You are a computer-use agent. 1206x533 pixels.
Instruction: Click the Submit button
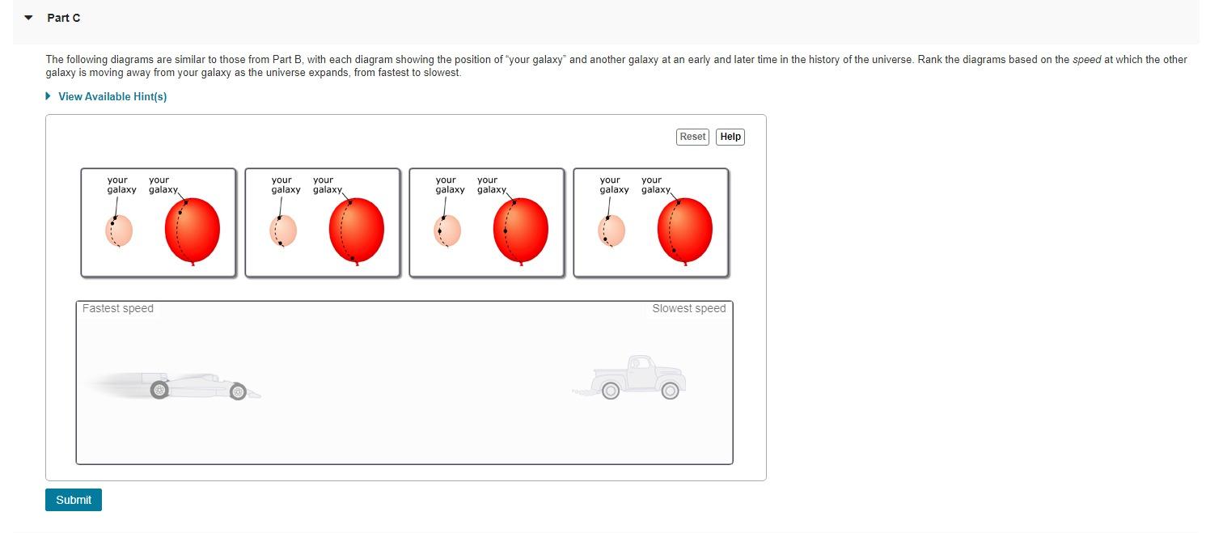pos(74,500)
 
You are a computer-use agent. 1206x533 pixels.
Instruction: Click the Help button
pos(730,137)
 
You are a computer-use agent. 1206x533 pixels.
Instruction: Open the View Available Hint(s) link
pos(112,96)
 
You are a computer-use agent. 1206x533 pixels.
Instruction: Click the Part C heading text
pos(63,18)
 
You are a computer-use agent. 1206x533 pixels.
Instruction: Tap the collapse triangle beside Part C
pos(29,18)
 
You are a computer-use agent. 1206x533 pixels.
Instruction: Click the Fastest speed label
pos(118,308)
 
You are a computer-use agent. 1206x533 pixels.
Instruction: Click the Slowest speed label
pos(688,308)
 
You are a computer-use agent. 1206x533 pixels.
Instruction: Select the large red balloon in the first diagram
pos(193,230)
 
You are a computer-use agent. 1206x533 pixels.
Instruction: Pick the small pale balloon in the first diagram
pos(119,231)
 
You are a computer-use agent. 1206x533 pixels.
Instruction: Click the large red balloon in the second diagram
pos(357,230)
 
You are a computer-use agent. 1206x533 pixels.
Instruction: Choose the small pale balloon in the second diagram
pos(283,231)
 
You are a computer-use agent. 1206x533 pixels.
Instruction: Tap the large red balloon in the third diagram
pos(521,230)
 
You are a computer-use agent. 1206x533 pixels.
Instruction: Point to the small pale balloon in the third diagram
pos(447,231)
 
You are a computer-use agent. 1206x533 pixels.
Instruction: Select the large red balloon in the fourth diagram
pos(685,230)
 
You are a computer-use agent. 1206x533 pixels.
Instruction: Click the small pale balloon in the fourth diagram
pos(611,231)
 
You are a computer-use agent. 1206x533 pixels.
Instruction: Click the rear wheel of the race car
pos(159,391)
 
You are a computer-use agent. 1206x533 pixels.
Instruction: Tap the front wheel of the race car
pos(238,392)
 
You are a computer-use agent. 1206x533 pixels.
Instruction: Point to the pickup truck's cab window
pos(640,363)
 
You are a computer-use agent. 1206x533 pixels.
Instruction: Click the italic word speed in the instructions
pos(1086,60)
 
